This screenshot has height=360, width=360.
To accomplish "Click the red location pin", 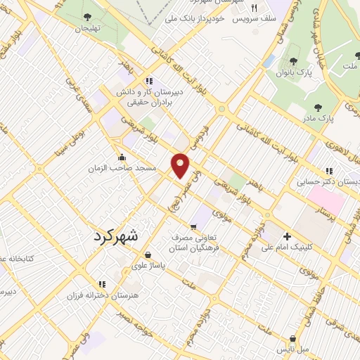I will pos(181,165).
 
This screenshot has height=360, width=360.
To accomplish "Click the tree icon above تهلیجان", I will pos(87,17).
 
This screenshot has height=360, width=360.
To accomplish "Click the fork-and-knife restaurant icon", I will pos(255,9).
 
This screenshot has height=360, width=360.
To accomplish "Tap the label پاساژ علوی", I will pos(149,266).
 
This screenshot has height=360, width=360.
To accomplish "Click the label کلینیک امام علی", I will pos(287,247).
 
